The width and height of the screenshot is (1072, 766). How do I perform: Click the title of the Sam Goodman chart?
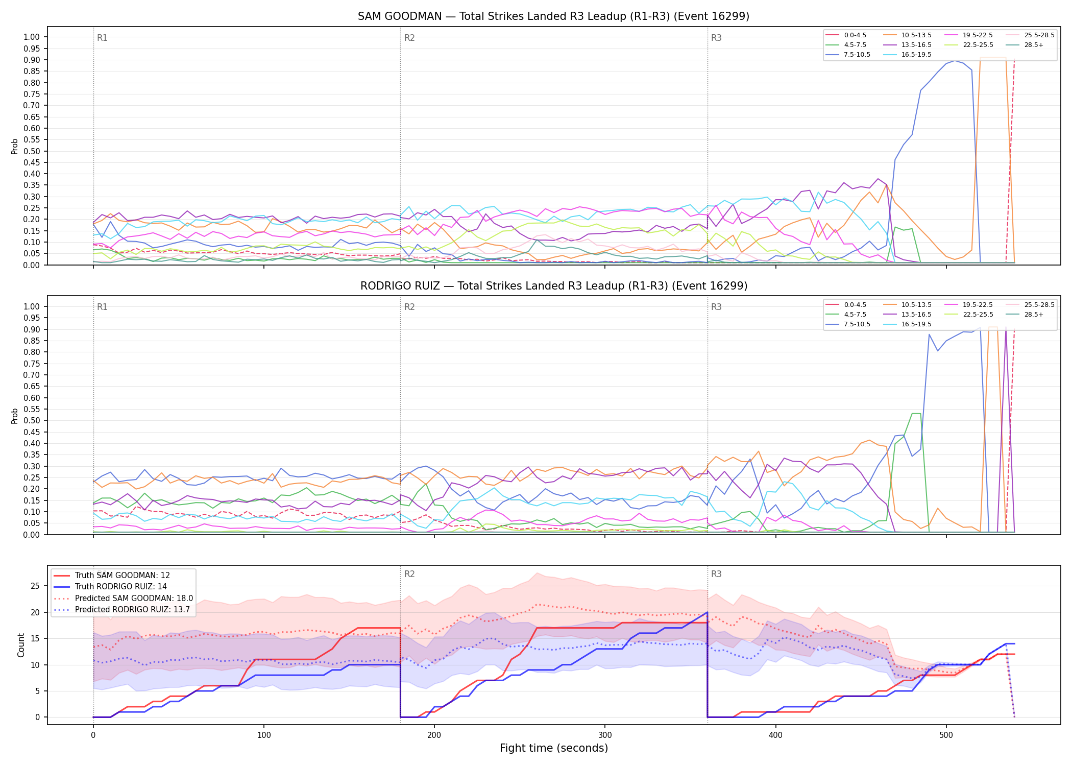(553, 16)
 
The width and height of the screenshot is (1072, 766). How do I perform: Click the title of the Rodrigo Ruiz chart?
(553, 286)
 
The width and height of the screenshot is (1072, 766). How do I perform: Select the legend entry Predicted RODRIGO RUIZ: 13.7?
(122, 610)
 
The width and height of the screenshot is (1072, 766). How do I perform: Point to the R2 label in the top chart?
(409, 38)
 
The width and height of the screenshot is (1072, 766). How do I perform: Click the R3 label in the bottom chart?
(716, 574)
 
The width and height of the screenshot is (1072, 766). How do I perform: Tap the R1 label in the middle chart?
(102, 307)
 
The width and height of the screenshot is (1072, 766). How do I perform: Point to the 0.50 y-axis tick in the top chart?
(32, 151)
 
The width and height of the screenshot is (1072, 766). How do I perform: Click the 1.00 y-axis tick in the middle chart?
(32, 306)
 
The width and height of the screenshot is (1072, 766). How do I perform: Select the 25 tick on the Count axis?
(35, 586)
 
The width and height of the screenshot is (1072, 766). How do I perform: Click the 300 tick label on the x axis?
(605, 735)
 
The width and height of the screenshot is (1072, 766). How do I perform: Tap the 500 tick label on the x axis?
(946, 735)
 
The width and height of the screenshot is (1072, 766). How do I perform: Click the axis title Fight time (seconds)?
(554, 748)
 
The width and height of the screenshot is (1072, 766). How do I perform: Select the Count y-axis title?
(21, 645)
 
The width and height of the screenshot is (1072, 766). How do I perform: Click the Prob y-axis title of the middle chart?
(15, 416)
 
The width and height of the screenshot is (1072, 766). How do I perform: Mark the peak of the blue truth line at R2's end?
(707, 612)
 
